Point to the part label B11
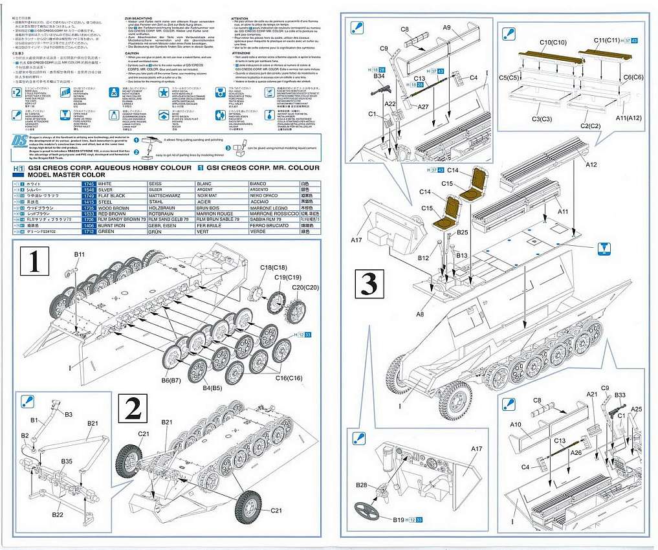pyautogui.click(x=79, y=255)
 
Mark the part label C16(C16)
pyautogui.click(x=289, y=377)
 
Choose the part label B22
pyautogui.click(x=58, y=514)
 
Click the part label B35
pyautogui.click(x=67, y=461)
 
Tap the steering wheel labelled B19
pyautogui.click(x=367, y=510)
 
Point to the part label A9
pyautogui.click(x=446, y=28)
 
